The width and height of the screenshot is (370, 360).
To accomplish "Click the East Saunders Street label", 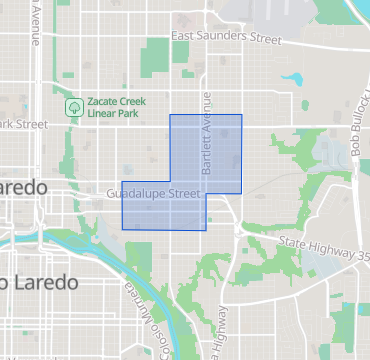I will pos(227,38).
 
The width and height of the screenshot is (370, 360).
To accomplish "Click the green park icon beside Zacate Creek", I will pos(73,105).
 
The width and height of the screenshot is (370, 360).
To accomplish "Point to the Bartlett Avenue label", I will pos(209,135).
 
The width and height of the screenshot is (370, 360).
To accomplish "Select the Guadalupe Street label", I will pos(154,191).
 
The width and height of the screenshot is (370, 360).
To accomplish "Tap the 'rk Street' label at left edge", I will pos(23,124).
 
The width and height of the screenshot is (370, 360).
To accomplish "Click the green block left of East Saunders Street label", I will pos(155,55).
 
